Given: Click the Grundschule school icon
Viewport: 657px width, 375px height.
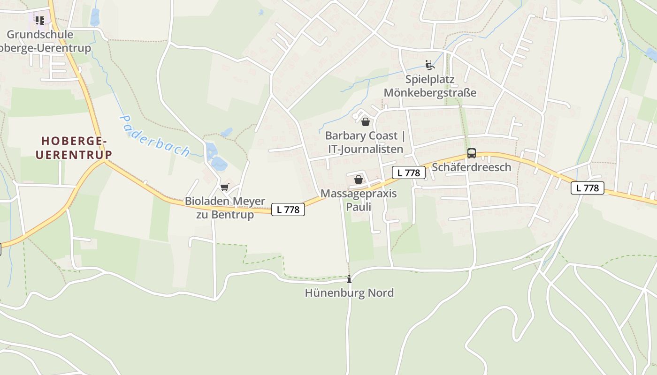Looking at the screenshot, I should point(40,20).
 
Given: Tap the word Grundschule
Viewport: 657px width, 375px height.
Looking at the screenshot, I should point(40,34).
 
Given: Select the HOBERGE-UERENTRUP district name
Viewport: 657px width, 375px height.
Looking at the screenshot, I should point(74,148).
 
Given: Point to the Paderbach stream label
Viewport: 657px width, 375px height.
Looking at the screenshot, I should point(154,136).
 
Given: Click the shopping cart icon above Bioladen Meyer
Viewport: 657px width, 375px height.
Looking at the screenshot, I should point(225,187).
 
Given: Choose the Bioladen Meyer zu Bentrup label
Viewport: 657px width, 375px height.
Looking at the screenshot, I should point(225,208).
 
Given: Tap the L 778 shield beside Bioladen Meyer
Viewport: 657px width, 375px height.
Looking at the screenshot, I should point(288,210).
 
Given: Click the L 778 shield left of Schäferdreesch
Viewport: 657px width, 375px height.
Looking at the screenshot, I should point(408,172).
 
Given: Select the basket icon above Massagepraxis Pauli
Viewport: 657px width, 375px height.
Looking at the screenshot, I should point(359,180).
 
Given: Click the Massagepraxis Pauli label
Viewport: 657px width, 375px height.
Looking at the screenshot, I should point(359,200).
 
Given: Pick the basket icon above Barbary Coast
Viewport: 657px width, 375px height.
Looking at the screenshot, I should point(366,122).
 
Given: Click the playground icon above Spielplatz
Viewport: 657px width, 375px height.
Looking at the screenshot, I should point(429,65).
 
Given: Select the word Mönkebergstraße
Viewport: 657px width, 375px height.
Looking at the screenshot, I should point(430,92).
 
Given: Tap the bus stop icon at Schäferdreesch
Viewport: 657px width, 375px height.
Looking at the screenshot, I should point(472,153).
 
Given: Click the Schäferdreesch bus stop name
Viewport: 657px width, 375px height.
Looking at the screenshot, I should point(471,167).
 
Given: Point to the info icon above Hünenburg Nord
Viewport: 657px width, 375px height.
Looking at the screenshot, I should point(349,280).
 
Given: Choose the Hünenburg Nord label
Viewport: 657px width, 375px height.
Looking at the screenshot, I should point(349,293).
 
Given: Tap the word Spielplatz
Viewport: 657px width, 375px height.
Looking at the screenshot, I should point(430,79).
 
